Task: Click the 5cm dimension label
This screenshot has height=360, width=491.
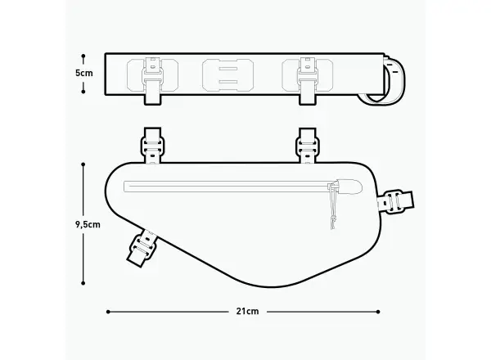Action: [84, 74]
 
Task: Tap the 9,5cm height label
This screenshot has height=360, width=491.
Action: [88, 224]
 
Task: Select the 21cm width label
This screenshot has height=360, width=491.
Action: [247, 312]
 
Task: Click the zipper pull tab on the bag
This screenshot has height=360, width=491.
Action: [349, 187]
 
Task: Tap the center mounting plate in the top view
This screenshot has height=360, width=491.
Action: [227, 75]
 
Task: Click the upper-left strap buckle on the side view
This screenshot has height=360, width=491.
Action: [152, 146]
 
